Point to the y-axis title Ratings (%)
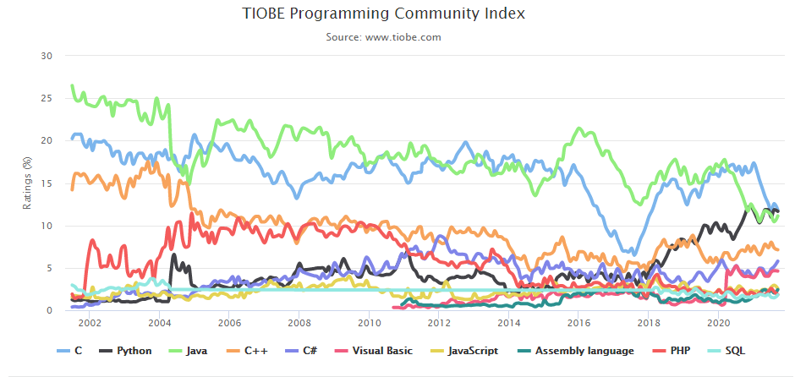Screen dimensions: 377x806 27,183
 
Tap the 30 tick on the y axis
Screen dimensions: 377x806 47,56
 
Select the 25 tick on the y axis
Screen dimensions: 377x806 47,98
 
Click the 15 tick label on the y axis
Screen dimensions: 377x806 47,183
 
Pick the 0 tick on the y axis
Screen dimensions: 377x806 49,310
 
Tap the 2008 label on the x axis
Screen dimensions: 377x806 299,324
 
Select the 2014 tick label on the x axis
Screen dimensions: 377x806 508,324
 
